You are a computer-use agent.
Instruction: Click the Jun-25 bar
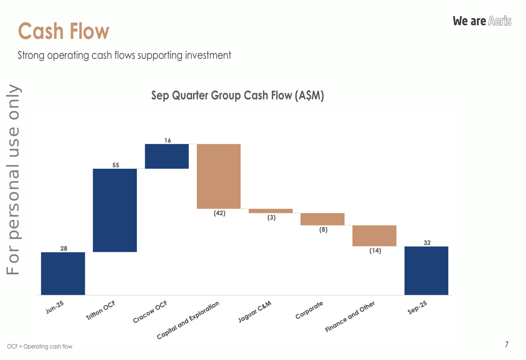[x=63, y=273]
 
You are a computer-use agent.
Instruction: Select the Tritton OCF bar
[x=115, y=210]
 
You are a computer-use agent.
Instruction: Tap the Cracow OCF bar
[x=167, y=156]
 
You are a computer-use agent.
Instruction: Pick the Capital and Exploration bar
[x=218, y=176]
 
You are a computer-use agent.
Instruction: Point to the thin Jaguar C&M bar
[x=270, y=211]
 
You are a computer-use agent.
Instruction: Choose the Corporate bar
[x=322, y=219]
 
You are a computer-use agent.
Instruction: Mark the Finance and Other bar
[x=374, y=235]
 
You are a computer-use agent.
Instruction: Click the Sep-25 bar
[x=426, y=271]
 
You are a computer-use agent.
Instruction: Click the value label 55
[x=116, y=165]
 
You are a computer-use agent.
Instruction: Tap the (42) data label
[x=219, y=213]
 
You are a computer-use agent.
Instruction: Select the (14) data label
[x=375, y=251]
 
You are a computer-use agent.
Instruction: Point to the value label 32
[x=427, y=242]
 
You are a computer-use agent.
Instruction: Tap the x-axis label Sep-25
[x=418, y=308]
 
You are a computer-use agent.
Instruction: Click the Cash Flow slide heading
[x=64, y=31]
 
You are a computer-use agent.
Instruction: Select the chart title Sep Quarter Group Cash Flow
[x=238, y=96]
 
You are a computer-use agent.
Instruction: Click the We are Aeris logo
[x=482, y=21]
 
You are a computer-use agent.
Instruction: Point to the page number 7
[x=507, y=345]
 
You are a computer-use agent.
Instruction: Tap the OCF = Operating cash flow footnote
[x=40, y=346]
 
